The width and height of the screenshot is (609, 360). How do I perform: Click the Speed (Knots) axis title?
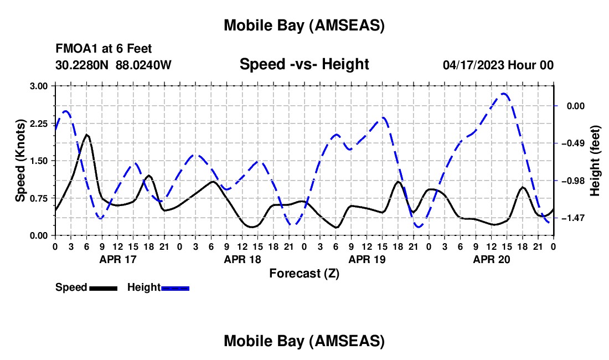[x=20, y=161]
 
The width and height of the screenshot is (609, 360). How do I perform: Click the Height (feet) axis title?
[x=595, y=161]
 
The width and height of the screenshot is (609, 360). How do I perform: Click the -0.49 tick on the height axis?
[x=574, y=143]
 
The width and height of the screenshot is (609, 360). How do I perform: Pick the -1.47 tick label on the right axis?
[x=574, y=218]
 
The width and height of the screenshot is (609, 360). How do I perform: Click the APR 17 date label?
[x=117, y=259]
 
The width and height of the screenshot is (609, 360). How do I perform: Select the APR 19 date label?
[x=367, y=259]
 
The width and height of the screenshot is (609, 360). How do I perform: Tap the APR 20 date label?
[x=491, y=259]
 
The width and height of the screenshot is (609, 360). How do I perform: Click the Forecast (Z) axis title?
[x=304, y=273]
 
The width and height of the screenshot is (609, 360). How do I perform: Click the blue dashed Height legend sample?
[x=175, y=288]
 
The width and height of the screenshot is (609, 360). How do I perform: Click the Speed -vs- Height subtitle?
[x=304, y=64]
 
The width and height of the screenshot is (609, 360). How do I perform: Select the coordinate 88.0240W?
[x=143, y=65]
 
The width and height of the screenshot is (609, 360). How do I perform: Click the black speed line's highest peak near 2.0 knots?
[x=86, y=134]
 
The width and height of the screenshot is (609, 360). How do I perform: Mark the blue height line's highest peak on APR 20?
[x=504, y=94]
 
